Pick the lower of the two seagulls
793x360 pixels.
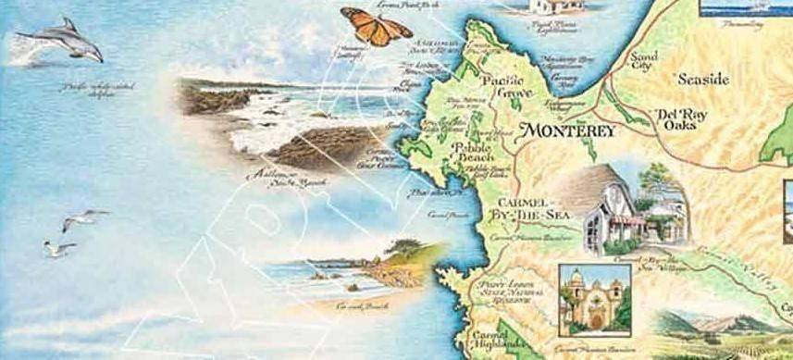59,249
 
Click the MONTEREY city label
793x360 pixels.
568,131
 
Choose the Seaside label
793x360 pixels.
703,79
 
